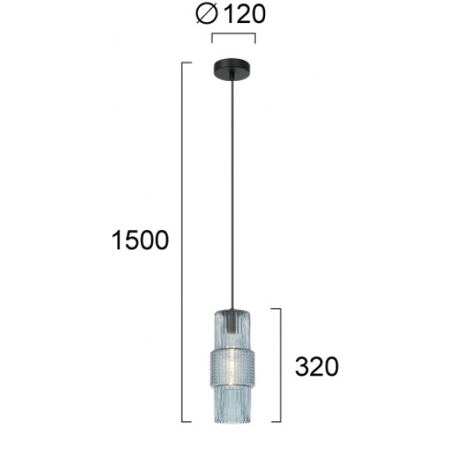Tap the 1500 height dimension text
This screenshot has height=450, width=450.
141,240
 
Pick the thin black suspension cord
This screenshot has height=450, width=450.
234,188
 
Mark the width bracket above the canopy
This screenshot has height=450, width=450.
234,34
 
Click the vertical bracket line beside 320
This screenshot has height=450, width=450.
282,366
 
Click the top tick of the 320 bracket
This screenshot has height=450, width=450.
277,309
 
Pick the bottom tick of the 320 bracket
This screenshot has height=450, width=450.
277,421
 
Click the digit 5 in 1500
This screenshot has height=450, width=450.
132,240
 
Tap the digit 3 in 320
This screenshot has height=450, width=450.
301,367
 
